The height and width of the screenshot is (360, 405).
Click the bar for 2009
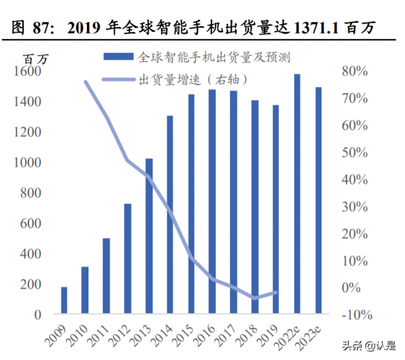[64, 301]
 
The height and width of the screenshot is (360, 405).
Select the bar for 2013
[149, 236]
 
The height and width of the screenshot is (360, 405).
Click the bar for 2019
[275, 209]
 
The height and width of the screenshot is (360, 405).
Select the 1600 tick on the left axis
[27, 71]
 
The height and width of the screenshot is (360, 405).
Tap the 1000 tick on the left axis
[27, 163]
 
